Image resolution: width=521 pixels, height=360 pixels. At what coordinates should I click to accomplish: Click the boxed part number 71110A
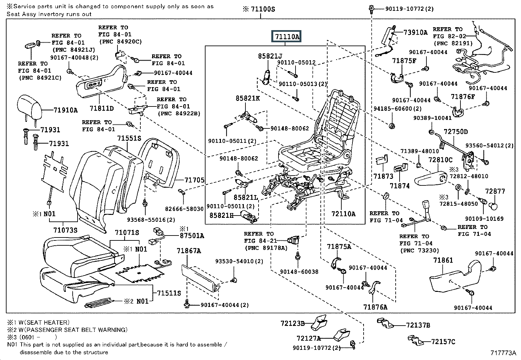tap(287, 37)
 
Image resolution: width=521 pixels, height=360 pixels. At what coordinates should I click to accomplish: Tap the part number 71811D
tap(101, 108)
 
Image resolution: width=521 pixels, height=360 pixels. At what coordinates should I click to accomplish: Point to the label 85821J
tap(270, 56)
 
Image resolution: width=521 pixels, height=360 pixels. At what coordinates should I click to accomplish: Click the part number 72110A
tap(343, 214)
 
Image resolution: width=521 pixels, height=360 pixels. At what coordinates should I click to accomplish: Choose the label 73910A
tap(415, 32)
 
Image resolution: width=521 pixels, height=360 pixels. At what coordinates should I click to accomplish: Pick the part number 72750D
tap(456, 132)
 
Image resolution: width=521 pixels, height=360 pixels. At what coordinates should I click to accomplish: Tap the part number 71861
tap(443, 260)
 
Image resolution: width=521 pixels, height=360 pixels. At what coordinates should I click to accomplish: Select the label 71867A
tap(189, 251)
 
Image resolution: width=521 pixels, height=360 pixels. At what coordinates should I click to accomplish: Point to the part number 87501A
tap(191, 236)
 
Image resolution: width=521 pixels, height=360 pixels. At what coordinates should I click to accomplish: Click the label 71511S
tap(169, 293)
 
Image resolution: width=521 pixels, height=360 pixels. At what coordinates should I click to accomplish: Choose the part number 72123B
tap(292, 324)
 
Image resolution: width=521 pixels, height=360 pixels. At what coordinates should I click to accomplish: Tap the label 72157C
tap(443, 342)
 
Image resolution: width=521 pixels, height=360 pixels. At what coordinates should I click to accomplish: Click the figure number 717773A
tap(503, 353)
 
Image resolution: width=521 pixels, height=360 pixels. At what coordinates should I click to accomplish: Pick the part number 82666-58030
tap(184, 209)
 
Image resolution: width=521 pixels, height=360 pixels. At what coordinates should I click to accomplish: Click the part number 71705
tap(194, 180)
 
